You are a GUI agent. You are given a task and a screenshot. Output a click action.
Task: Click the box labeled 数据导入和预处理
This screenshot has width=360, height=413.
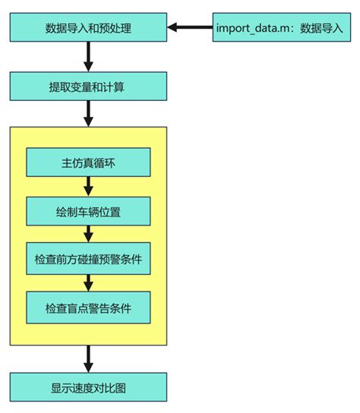tap(88, 28)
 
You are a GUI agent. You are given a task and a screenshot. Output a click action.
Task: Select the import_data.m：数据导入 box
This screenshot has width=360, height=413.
tap(279, 28)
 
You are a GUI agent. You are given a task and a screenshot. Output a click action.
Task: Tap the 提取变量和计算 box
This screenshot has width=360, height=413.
tap(88, 87)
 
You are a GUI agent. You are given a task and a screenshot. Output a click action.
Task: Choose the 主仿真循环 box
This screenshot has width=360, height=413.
tap(88, 162)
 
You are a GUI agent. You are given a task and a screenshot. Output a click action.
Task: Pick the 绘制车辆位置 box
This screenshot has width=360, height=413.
tap(88, 211)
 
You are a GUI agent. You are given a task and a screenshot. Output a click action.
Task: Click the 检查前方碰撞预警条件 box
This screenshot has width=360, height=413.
tap(88, 260)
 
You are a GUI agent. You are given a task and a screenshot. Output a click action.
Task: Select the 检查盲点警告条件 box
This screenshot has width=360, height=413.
tap(88, 307)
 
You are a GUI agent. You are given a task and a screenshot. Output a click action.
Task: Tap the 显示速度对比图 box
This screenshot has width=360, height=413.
tap(88, 387)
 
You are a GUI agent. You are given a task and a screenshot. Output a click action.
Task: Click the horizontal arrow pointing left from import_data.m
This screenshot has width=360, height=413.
tap(190, 28)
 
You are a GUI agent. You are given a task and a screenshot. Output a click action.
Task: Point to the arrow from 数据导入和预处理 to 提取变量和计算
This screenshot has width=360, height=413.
tap(88, 57)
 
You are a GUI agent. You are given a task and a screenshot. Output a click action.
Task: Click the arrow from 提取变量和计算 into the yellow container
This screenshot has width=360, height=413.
tap(88, 113)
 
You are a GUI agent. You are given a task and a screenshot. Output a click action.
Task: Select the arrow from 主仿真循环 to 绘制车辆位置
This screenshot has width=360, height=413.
tap(88, 187)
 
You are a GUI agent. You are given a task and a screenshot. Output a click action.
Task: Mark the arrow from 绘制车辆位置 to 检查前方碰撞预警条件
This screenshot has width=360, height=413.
tap(88, 235)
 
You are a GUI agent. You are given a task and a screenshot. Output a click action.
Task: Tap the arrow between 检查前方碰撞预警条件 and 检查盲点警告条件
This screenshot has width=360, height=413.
tap(88, 283)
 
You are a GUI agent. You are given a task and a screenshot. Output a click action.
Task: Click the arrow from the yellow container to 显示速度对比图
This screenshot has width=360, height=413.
tap(88, 358)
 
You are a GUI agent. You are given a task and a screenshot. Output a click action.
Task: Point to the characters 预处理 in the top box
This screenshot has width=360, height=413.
tap(112, 28)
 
